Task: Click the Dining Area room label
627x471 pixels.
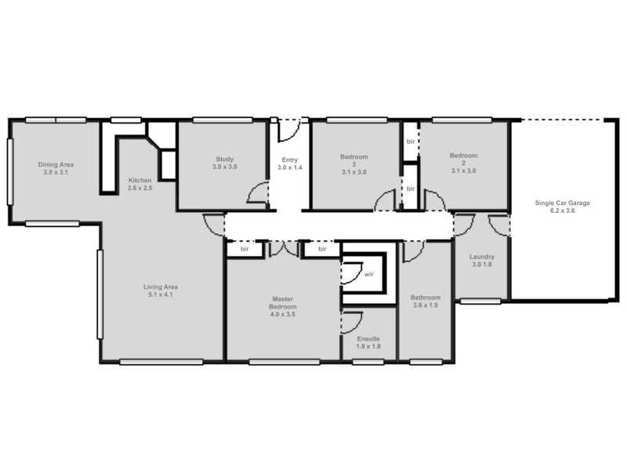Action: pyautogui.click(x=56, y=165)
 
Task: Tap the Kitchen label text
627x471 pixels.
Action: pyautogui.click(x=140, y=181)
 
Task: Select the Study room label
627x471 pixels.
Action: pyautogui.click(x=225, y=159)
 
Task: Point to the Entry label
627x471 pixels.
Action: pyautogui.click(x=290, y=160)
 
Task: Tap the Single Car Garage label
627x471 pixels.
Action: pyautogui.click(x=562, y=203)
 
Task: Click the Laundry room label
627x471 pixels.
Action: pyautogui.click(x=482, y=257)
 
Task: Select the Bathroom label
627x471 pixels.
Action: pyautogui.click(x=426, y=298)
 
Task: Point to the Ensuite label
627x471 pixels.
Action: pyautogui.click(x=368, y=339)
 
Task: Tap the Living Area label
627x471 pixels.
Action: pyautogui.click(x=161, y=287)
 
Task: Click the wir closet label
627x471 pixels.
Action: pyautogui.click(x=368, y=274)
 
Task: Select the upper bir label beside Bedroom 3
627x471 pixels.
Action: pyautogui.click(x=411, y=141)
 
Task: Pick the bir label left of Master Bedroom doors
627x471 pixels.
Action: pyautogui.click(x=245, y=249)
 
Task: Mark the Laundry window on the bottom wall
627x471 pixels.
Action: pyautogui.click(x=480, y=301)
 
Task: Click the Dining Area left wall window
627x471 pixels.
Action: pyautogui.click(x=10, y=172)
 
